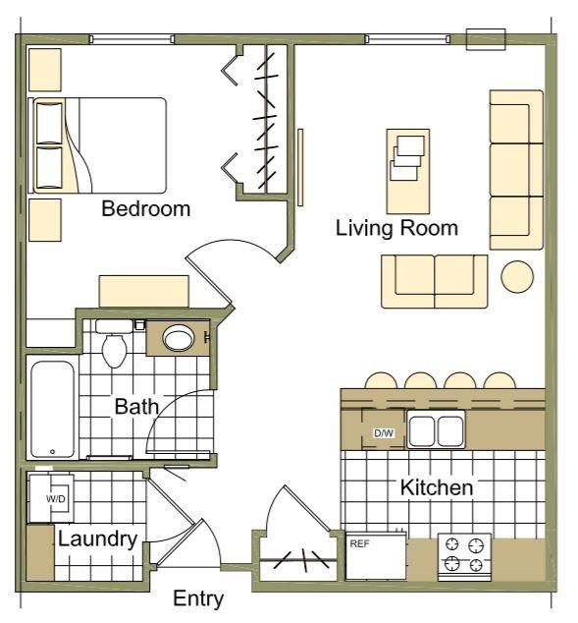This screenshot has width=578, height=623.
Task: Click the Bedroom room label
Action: click(145, 209)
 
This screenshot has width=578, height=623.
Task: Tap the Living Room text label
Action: click(396, 229)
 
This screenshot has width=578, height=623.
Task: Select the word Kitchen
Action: click(437, 487)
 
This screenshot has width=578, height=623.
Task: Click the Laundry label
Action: click(96, 538)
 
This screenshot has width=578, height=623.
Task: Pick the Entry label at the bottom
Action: click(197, 598)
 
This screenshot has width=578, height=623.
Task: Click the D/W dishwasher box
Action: click(383, 433)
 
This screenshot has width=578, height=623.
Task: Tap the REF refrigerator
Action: click(376, 555)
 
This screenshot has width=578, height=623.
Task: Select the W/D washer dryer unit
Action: click(56, 498)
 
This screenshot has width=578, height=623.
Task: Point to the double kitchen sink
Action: click(437, 431)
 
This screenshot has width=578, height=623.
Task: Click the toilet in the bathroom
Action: click(115, 344)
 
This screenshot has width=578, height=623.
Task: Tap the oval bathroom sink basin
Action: click(179, 339)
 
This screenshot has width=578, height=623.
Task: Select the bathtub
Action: click(52, 410)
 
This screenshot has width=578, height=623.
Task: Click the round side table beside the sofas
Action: click(517, 276)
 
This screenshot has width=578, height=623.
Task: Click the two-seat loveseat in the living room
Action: click(435, 277)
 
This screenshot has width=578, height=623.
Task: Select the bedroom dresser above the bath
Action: click(143, 292)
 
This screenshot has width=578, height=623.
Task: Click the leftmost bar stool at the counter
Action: click(380, 381)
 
